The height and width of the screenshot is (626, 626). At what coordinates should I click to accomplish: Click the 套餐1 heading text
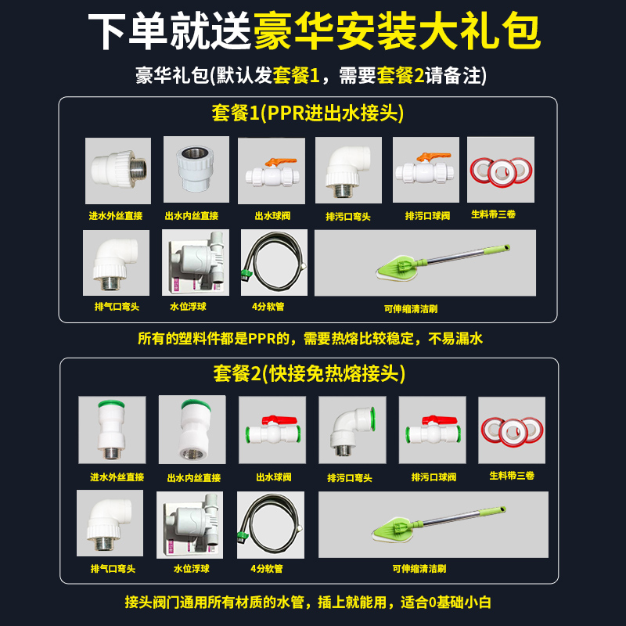click(x=308, y=114)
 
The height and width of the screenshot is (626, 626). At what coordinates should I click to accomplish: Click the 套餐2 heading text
click(x=309, y=374)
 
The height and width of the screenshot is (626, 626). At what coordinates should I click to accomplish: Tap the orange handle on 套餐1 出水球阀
click(x=275, y=160)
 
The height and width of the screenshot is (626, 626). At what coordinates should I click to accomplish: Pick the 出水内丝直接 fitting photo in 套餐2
click(x=192, y=430)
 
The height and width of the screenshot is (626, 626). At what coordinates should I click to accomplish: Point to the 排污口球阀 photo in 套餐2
click(x=432, y=430)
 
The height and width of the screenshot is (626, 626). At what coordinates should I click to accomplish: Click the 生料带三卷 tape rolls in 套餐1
click(x=500, y=171)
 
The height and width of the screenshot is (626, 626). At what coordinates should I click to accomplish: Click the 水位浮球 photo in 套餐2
click(x=190, y=523)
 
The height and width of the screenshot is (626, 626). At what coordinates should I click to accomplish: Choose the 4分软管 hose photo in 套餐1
click(x=272, y=263)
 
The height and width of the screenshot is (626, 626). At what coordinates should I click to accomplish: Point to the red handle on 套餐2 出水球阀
click(x=273, y=419)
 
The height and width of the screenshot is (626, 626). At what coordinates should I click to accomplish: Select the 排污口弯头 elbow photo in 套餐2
click(x=351, y=430)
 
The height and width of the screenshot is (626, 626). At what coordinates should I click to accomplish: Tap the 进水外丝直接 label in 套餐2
click(x=117, y=477)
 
